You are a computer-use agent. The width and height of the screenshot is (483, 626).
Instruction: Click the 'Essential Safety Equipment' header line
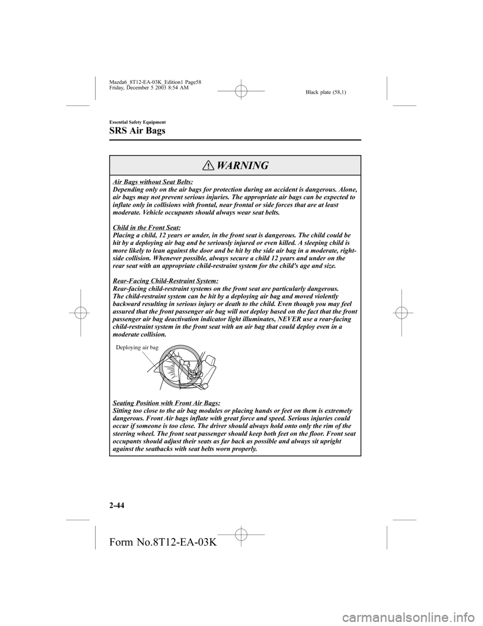[130, 122]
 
